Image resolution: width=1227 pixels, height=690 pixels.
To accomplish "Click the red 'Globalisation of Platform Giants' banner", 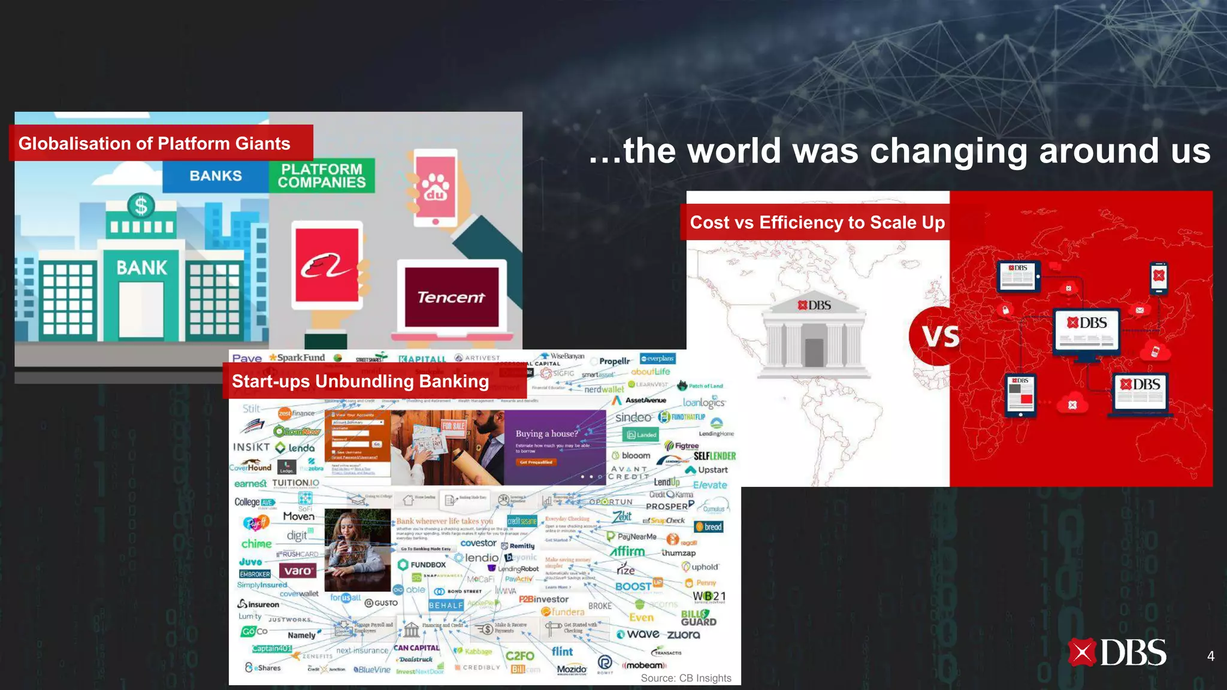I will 161,143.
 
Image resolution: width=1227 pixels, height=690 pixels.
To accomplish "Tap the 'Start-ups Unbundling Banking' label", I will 360,381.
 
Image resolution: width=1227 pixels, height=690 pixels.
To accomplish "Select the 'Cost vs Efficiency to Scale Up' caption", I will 817,222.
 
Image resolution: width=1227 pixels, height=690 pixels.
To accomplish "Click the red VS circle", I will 939,336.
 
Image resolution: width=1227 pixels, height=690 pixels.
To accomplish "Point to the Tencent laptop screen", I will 451,297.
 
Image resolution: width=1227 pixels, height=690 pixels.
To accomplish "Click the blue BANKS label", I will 216,176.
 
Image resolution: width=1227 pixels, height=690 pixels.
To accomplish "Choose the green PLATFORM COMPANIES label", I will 322,175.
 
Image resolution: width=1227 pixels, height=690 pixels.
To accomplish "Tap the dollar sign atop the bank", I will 141,206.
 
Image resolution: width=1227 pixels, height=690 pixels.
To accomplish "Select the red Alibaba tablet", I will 328,264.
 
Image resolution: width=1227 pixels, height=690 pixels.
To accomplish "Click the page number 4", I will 1210,656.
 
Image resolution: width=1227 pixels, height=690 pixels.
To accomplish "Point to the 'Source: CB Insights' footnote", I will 686,678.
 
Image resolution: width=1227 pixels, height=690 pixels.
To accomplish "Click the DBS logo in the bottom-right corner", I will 1117,653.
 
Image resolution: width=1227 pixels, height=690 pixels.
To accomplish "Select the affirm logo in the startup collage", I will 627,552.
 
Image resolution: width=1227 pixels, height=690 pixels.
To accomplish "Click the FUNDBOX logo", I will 422,565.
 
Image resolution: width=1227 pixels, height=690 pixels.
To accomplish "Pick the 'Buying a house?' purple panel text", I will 546,434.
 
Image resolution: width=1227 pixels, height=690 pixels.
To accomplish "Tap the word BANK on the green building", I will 141,268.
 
